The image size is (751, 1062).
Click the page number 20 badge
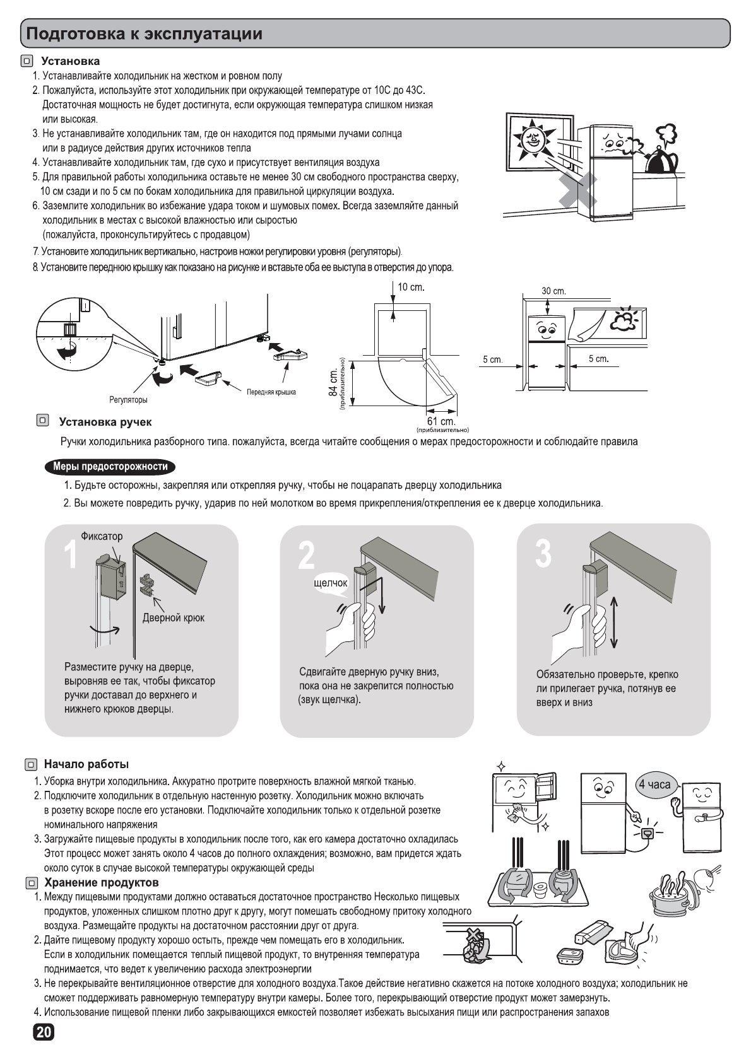pos(44,1032)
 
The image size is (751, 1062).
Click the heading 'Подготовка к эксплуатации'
pos(145,33)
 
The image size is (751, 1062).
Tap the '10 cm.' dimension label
pos(411,288)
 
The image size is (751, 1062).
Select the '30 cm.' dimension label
pos(553,291)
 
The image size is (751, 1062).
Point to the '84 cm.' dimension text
pos(333,383)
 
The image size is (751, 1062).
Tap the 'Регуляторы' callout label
pos(128,400)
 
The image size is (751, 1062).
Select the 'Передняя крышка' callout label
pos(271,392)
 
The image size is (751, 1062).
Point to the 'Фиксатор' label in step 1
pos(102,537)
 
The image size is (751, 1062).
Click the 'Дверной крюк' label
pos(173,618)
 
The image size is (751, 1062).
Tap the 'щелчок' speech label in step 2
pos(330,583)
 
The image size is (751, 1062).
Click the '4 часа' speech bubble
pos(655,785)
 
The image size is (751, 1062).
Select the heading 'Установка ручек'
pos(105,422)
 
